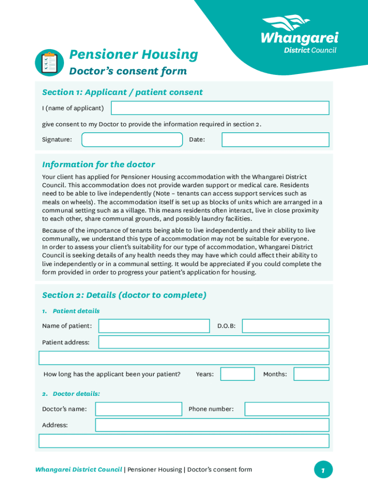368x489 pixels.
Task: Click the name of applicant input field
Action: (x=220, y=108)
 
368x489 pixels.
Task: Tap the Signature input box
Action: (x=132, y=139)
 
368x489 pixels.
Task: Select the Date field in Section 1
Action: (x=275, y=139)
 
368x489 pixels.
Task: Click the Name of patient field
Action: (x=154, y=326)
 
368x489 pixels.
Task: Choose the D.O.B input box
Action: (x=285, y=326)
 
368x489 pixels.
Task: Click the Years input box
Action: (x=237, y=374)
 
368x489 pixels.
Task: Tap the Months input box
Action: (x=311, y=374)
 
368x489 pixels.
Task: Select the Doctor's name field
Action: (x=139, y=409)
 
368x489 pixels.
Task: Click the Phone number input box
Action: (x=287, y=409)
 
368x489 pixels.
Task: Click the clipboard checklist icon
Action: (x=49, y=63)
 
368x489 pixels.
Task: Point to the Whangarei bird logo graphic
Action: (x=286, y=23)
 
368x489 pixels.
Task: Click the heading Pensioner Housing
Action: (x=133, y=55)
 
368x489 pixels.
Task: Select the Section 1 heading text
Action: (x=122, y=92)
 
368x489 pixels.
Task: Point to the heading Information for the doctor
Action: (x=98, y=165)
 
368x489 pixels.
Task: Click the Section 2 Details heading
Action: (x=124, y=295)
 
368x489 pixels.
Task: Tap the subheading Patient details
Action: (x=76, y=311)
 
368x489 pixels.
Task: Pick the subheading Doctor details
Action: (x=76, y=394)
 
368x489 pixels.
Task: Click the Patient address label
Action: (x=66, y=342)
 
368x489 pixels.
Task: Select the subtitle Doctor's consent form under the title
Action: (x=128, y=72)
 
